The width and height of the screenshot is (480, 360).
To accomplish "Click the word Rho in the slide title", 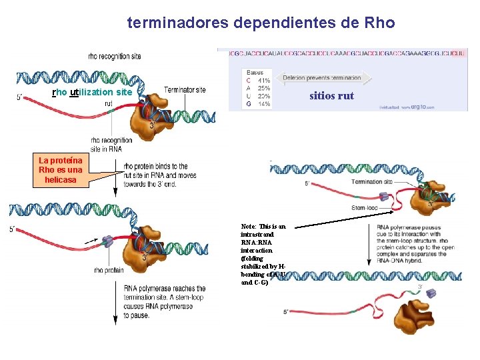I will pyautogui.click(x=380, y=23).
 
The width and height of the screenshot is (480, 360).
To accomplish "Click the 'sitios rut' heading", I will pyautogui.click(x=331, y=96).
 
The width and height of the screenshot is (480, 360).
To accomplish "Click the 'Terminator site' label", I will pyautogui.click(x=185, y=90).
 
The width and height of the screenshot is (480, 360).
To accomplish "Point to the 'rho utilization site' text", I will pyautogui.click(x=92, y=92).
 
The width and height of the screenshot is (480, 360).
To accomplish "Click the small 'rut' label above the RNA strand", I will pyautogui.click(x=108, y=103).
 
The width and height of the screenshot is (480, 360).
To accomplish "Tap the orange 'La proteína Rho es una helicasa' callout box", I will pyautogui.click(x=61, y=170).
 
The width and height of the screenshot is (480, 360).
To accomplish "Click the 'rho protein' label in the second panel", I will pyautogui.click(x=109, y=270).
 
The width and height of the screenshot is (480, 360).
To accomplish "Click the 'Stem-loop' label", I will pyautogui.click(x=364, y=207).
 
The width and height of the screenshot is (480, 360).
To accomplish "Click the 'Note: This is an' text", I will pyautogui.click(x=263, y=227).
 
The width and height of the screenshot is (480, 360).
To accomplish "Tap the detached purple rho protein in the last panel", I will pyautogui.click(x=431, y=293).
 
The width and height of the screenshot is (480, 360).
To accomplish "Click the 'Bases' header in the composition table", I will pyautogui.click(x=255, y=72).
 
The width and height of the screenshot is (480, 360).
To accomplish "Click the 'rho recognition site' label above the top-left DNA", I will pyautogui.click(x=114, y=56).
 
